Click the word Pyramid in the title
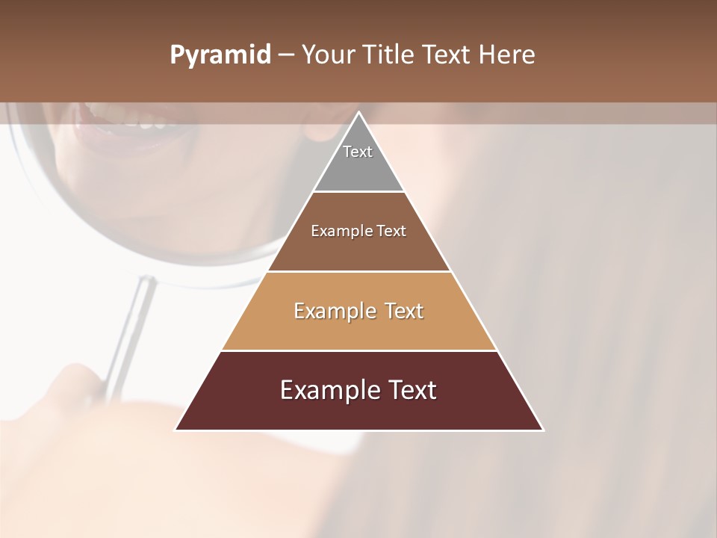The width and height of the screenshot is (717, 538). [x=220, y=55]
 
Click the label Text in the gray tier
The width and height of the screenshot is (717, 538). [x=358, y=152]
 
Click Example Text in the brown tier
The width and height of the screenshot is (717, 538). [x=358, y=231]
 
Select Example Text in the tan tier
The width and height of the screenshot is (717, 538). [x=358, y=311]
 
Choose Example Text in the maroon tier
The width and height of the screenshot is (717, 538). [x=358, y=390]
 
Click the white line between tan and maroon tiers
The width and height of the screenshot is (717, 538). [x=358, y=350]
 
